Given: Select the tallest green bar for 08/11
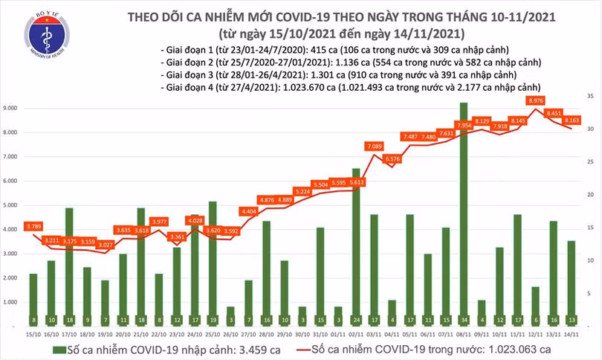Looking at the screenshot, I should tap(464, 216).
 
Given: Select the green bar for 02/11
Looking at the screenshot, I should tap(356, 248).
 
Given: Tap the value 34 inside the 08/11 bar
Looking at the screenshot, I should tap(464, 321).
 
